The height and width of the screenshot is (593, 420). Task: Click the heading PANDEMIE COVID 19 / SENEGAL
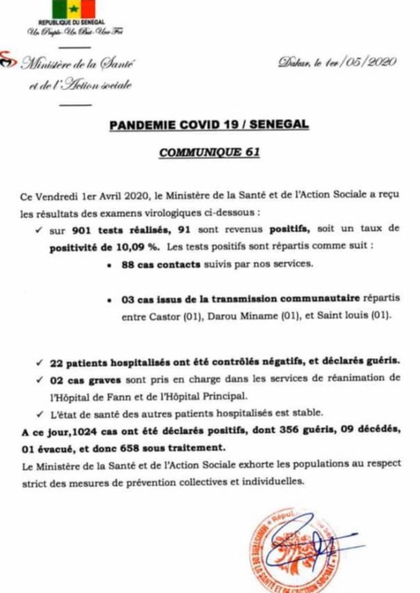tap(209, 125)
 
